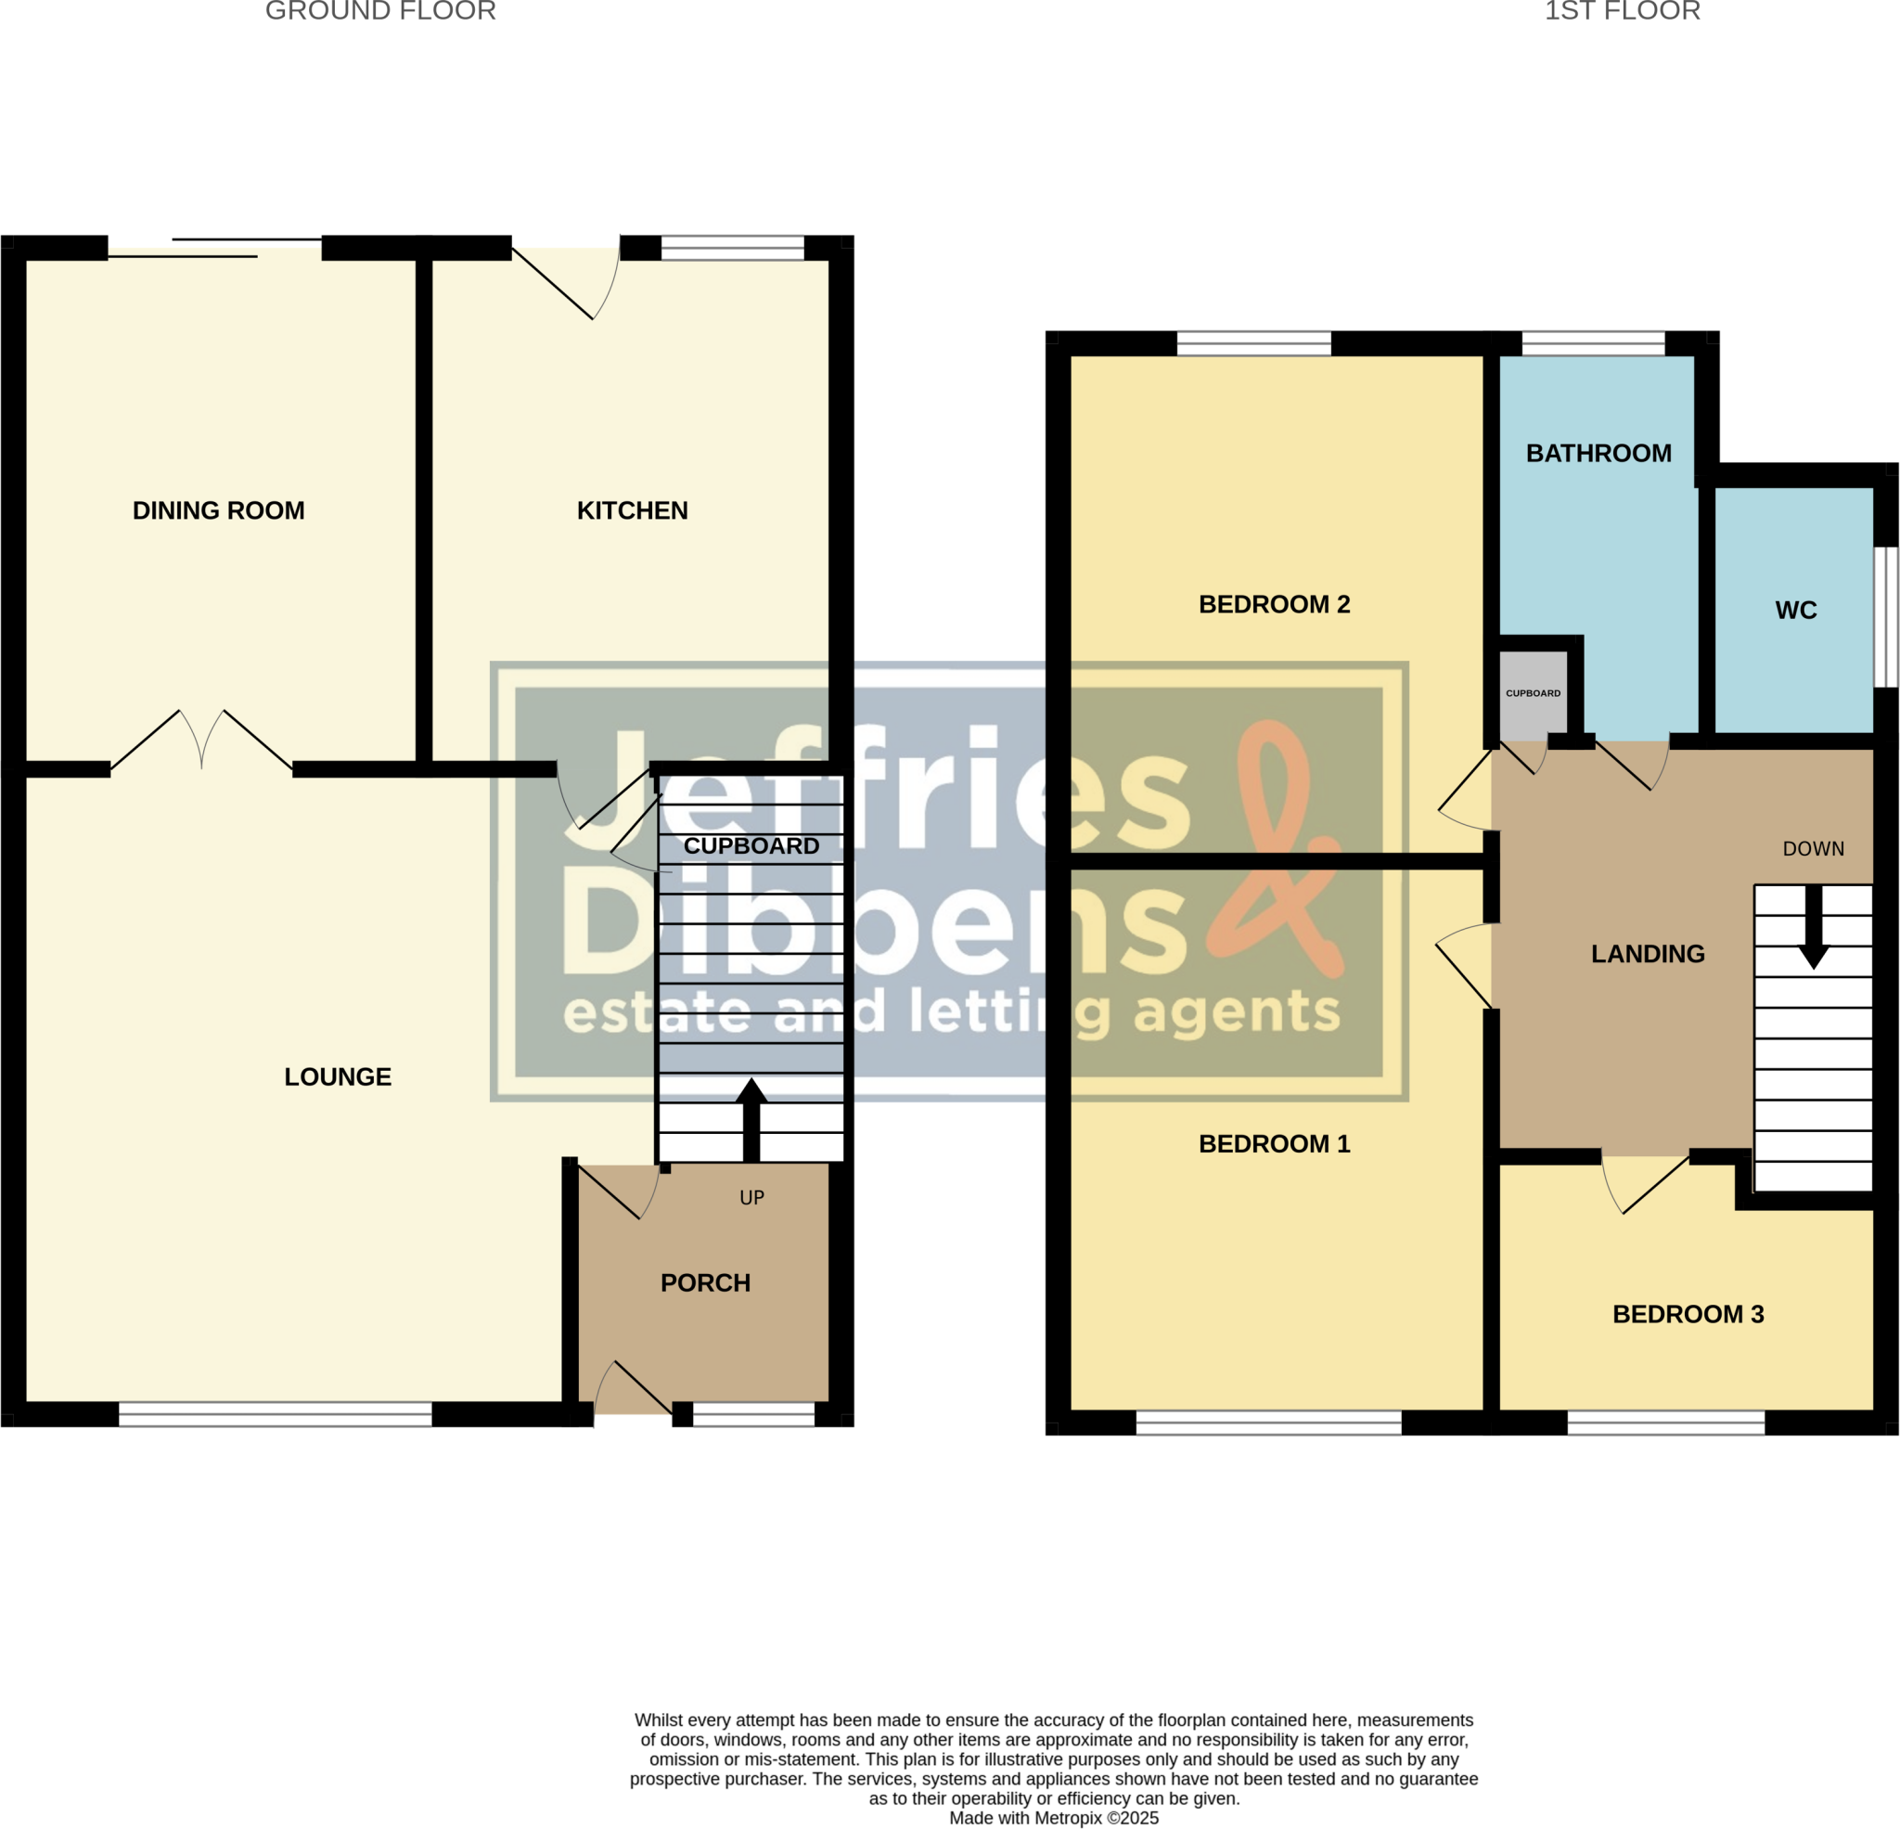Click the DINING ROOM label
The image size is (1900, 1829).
(218, 510)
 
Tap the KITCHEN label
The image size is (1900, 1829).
(632, 510)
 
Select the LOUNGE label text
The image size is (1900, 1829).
(338, 1076)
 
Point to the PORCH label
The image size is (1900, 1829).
(705, 1283)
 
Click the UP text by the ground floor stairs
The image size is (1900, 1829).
(751, 1198)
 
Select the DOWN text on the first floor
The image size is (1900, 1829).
(1813, 848)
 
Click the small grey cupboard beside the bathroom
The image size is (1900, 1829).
(1533, 692)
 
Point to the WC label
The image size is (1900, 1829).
(1795, 610)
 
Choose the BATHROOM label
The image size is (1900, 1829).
(1598, 453)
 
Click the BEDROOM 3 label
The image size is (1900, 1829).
(1688, 1314)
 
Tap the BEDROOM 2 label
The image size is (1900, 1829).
(1274, 604)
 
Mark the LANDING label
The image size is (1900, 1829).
(1647, 953)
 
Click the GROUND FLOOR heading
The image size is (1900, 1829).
(380, 12)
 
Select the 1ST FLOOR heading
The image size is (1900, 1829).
(1622, 12)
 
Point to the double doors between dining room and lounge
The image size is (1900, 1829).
(201, 741)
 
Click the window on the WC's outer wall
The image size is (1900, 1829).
(1884, 617)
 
